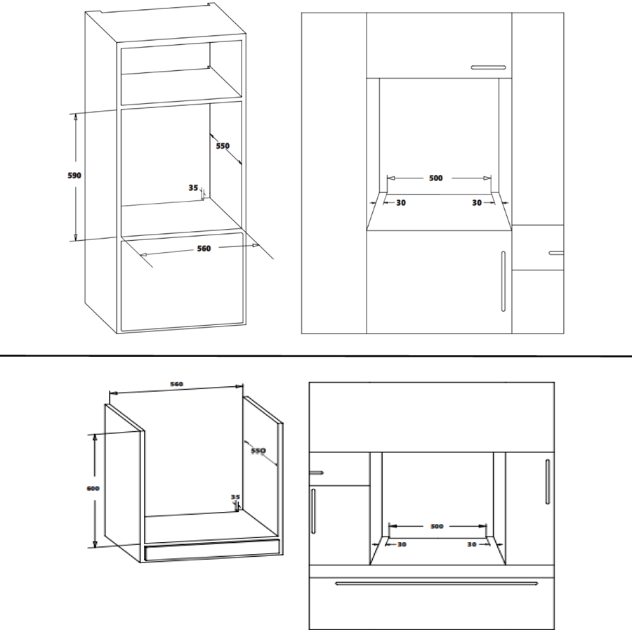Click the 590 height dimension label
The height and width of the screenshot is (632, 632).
(74, 176)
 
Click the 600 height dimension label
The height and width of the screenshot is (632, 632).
(93, 489)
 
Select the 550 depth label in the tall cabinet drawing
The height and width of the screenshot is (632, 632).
(223, 146)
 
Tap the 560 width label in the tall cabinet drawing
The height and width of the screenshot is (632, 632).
(204, 249)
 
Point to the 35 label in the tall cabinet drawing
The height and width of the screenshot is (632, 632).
(193, 187)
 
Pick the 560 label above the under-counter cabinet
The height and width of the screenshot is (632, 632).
(176, 384)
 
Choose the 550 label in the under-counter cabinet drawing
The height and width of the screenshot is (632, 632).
(258, 450)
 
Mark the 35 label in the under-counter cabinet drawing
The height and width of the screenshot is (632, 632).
(235, 497)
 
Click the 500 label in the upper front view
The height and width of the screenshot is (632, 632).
(435, 178)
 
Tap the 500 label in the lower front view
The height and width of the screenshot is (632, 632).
(437, 526)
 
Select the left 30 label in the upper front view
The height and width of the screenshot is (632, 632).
(401, 203)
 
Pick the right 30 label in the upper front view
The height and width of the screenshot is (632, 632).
(477, 203)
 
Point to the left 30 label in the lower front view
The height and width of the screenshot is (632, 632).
(402, 544)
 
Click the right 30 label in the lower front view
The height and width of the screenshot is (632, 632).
(472, 544)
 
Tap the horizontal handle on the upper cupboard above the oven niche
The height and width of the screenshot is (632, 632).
(489, 67)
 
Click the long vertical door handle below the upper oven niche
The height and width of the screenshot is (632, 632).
(503, 282)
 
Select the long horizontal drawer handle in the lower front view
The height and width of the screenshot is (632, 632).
(437, 584)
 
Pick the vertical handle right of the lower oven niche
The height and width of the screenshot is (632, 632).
(547, 482)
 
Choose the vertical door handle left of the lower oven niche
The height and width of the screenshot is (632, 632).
(313, 511)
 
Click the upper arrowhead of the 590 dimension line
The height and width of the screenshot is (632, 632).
(75, 117)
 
